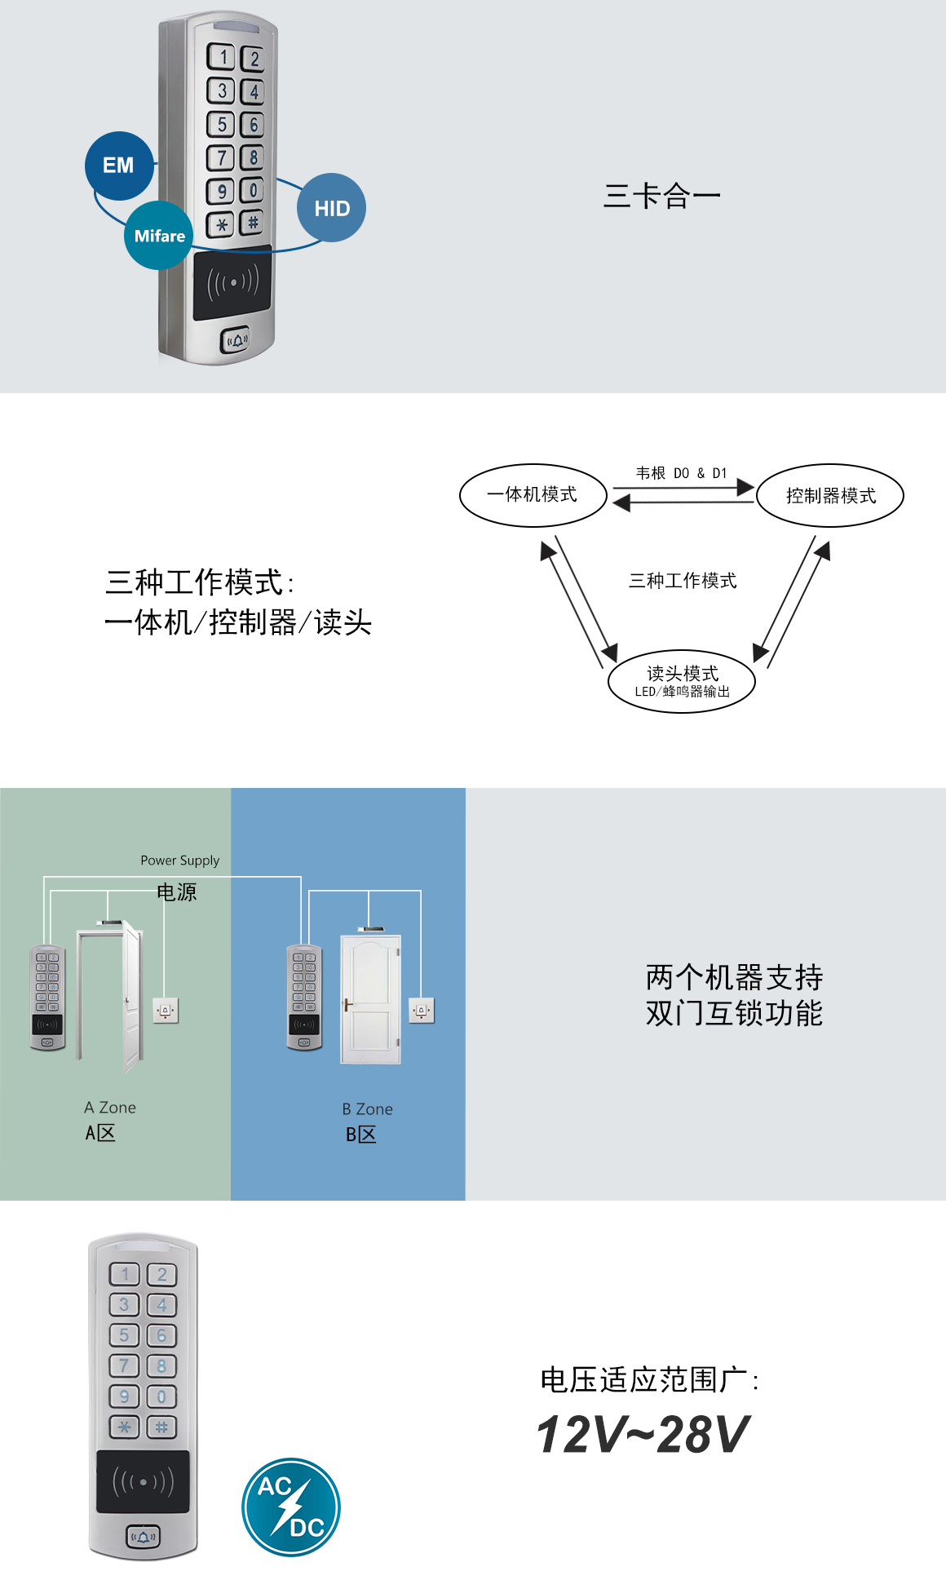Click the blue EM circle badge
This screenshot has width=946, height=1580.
click(x=119, y=166)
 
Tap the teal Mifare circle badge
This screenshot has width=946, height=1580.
click(x=159, y=236)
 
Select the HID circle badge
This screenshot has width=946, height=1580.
click(x=331, y=208)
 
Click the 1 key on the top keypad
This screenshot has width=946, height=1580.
click(x=222, y=57)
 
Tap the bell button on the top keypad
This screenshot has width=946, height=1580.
click(x=236, y=340)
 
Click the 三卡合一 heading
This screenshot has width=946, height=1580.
click(x=661, y=196)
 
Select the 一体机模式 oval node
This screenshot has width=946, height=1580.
click(x=533, y=495)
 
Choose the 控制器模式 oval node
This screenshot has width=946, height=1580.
click(x=830, y=496)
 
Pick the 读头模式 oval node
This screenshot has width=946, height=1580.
click(x=682, y=681)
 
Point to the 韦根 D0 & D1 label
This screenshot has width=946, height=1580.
click(x=681, y=473)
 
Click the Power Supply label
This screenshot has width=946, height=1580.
click(x=179, y=861)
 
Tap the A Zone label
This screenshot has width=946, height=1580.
click(x=110, y=1108)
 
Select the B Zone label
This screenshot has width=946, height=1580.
click(x=367, y=1109)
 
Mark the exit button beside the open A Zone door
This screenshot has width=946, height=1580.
click(x=166, y=1011)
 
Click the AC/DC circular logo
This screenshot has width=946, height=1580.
click(x=291, y=1507)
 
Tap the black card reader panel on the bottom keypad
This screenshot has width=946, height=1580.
click(x=143, y=1481)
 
